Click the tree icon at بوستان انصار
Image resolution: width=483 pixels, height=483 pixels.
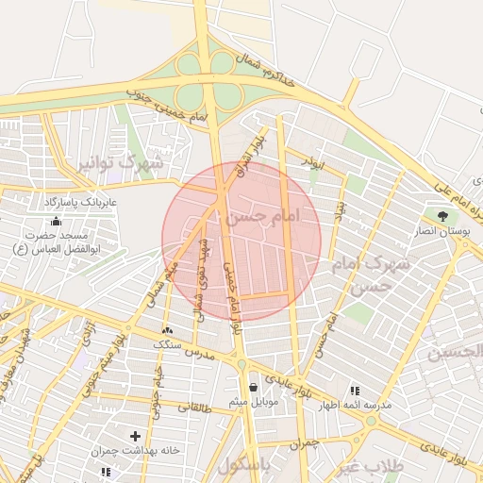coord(441,215)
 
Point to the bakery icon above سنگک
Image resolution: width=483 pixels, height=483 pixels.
coord(168,330)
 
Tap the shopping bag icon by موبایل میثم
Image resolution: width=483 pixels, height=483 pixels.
coord(252,386)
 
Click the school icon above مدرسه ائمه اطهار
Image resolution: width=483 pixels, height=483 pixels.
coord(355,390)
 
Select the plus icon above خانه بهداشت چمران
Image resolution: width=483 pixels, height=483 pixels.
coord(136,436)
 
